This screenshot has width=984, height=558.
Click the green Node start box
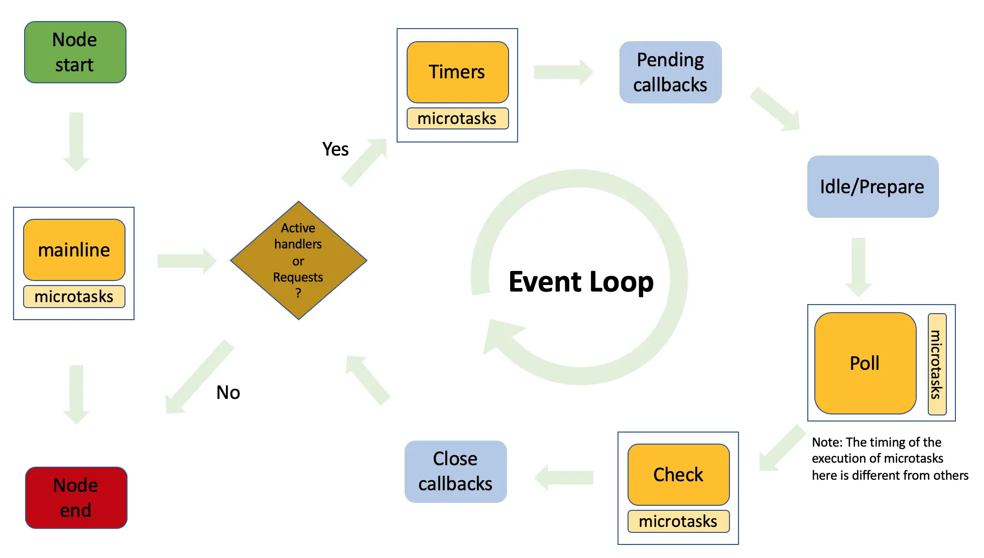[75, 52]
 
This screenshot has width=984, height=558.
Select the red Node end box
[76, 497]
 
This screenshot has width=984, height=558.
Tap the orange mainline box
[74, 249]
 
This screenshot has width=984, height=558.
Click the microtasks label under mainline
[74, 297]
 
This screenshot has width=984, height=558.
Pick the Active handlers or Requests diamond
[299, 260]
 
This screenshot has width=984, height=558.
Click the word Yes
[335, 149]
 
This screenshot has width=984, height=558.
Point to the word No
[228, 392]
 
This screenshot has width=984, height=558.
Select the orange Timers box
[458, 72]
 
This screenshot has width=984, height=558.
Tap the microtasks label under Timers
[458, 118]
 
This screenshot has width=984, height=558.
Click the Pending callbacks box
[671, 72]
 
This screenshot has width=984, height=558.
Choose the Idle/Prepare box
[873, 187]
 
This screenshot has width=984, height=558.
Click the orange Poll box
[866, 363]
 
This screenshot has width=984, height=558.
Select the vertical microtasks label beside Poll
[937, 364]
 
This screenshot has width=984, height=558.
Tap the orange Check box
[679, 474]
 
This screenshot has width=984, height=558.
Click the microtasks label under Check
[679, 521]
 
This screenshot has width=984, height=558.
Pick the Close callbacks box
[456, 472]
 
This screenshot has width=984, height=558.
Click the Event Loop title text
[581, 282]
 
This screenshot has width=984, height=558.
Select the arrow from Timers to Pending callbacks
[563, 72]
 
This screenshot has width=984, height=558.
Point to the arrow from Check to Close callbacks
[564, 477]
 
